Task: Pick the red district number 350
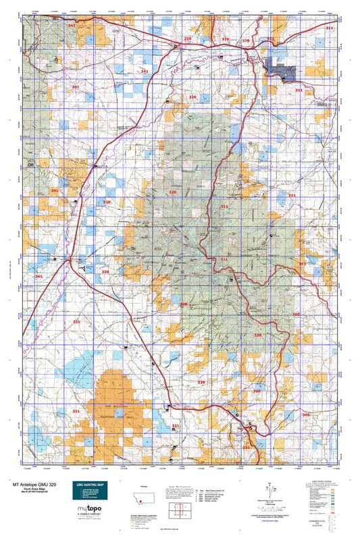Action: click(188, 40)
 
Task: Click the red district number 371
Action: click(271, 38)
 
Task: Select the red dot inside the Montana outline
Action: click(140, 500)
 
